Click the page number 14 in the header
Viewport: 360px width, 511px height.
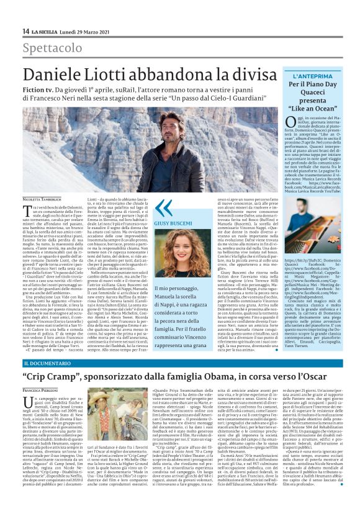(25, 31)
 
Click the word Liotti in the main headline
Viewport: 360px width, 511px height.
(108, 76)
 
